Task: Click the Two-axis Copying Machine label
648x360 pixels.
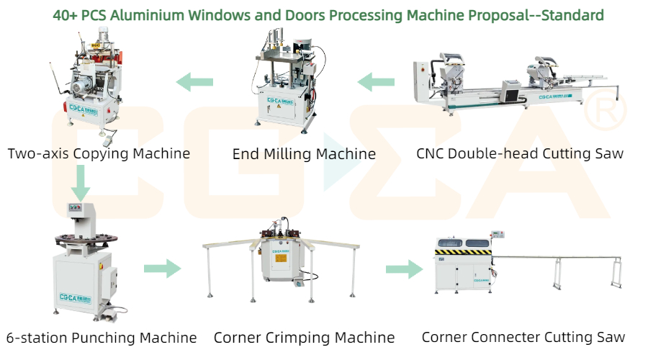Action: (99, 153)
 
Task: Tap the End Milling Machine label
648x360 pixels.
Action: (304, 154)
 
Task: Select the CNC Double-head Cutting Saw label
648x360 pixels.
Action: (520, 153)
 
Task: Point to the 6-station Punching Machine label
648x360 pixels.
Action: (102, 337)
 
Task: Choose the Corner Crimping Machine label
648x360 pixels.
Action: (305, 337)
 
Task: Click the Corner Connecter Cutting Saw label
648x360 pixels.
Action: (523, 337)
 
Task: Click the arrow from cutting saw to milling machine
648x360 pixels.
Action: (377, 81)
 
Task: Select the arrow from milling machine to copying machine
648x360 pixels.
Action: (195, 81)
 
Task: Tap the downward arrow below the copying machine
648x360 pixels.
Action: (81, 184)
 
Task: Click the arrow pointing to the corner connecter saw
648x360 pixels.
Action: (404, 270)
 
